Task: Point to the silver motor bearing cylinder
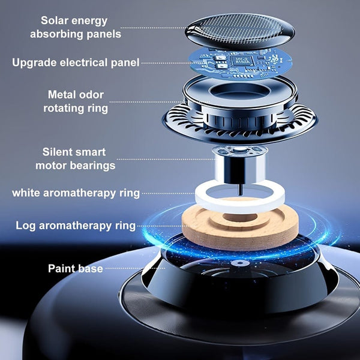[239, 165]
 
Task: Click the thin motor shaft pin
[239, 188]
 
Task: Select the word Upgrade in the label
[33, 62]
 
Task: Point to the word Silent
[59, 152]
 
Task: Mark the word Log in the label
[25, 226]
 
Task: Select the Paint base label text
[75, 268]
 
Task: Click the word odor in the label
[92, 94]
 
